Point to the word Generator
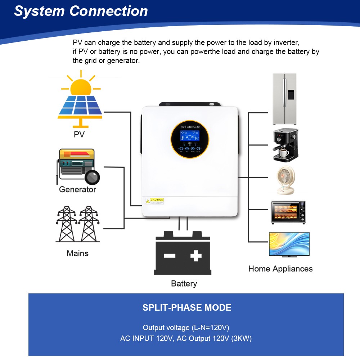coord(77,189)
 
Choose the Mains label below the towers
coord(77,253)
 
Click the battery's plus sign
coord(195,256)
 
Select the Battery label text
coord(184,283)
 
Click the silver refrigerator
coord(284,99)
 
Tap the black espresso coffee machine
coord(285,144)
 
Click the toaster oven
coord(288,212)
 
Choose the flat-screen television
coord(289,245)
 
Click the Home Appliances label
coord(280,269)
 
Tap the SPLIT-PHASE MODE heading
coord(187,308)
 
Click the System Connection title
coord(81,11)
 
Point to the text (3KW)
coord(242,338)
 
